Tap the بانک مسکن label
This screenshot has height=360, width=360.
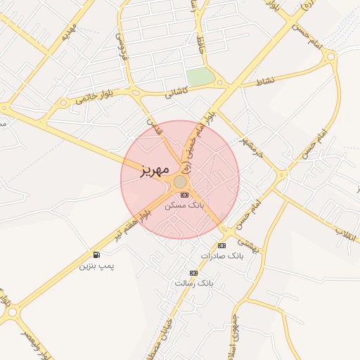click(x=184, y=206)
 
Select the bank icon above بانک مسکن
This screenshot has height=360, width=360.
click(x=184, y=195)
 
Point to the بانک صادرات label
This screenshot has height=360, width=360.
click(x=221, y=256)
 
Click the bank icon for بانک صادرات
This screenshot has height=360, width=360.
click(x=221, y=245)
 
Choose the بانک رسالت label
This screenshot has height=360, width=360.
click(x=193, y=283)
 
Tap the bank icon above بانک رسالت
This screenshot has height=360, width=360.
click(x=193, y=273)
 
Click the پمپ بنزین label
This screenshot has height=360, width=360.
click(x=96, y=266)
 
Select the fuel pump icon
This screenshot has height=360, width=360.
click(x=96, y=255)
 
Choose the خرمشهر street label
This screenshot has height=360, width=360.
click(x=249, y=141)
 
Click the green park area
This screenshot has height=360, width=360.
click(x=200, y=77)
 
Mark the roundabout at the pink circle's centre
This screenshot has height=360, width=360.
click(x=181, y=181)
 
